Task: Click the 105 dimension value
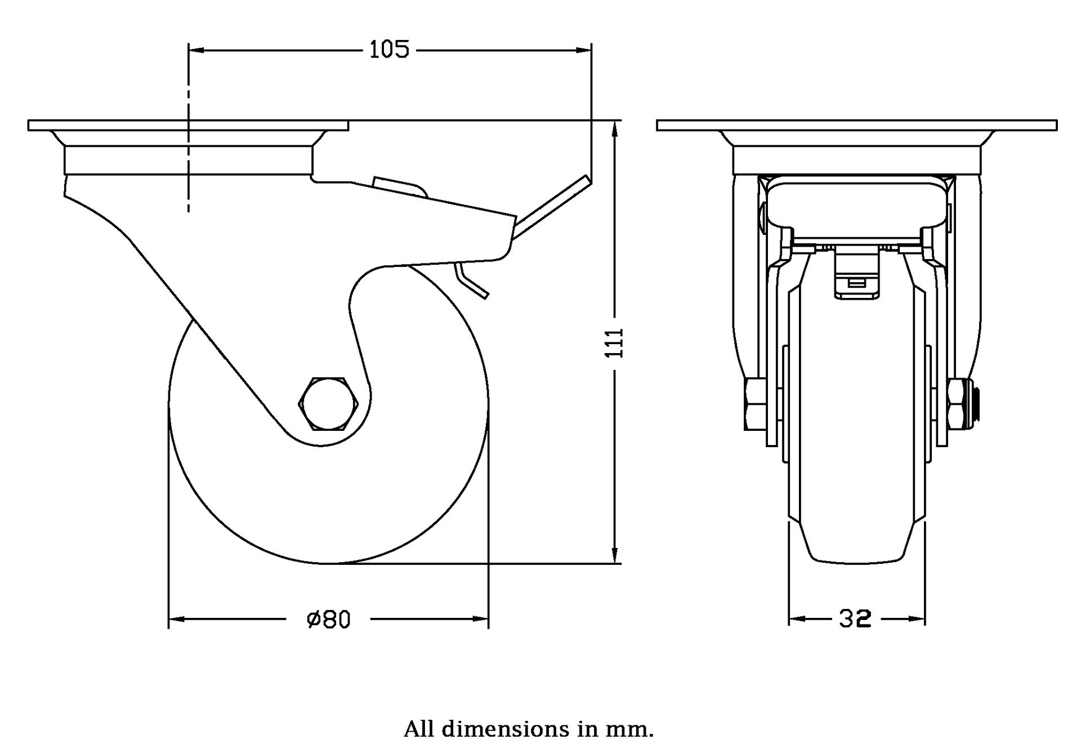[388, 50]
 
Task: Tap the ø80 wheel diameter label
[329, 620]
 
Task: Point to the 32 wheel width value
[855, 619]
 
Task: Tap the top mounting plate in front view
[856, 125]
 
